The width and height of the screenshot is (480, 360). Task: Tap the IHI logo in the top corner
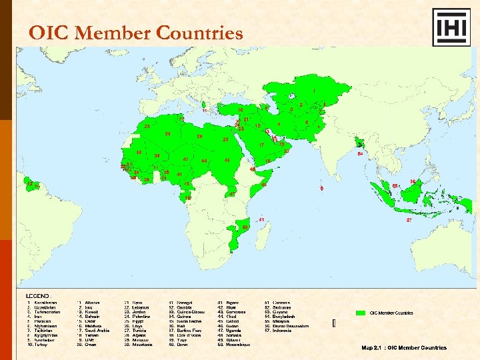[x=451, y=27]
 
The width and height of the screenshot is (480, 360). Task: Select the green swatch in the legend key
[x=363, y=312]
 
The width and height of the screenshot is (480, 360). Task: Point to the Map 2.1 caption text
[x=404, y=347]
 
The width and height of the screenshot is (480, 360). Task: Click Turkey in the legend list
[x=39, y=345]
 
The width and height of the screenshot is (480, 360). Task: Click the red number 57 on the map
[x=409, y=219]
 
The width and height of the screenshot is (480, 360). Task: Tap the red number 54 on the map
[x=360, y=154]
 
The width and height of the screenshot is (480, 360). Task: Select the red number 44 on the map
[x=203, y=161]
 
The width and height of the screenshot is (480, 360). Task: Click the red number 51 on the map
[x=262, y=219]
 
